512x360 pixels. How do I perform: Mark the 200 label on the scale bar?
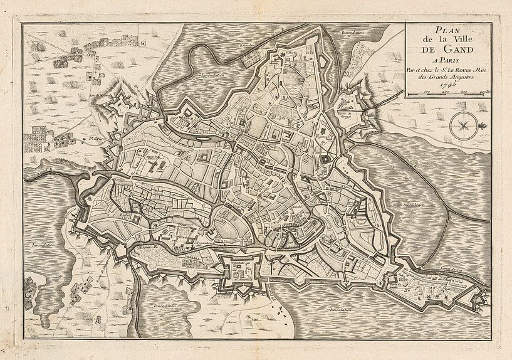pos(446,93)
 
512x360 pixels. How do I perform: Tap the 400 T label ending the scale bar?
pos(484,93)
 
